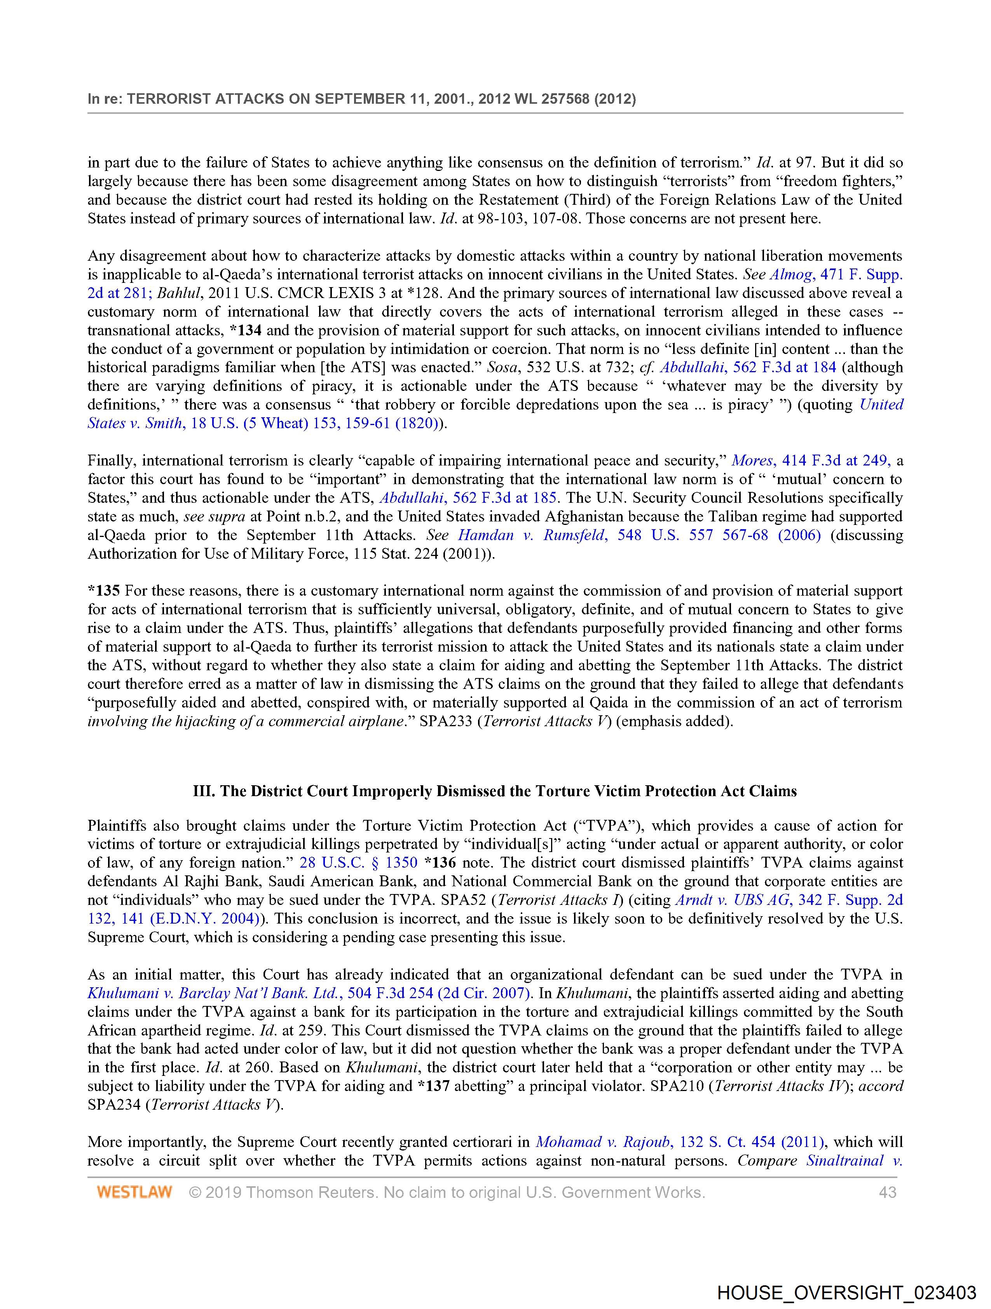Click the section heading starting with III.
pos(495,791)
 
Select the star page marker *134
pos(245,330)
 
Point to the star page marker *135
pos(104,591)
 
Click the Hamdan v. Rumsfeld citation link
pos(639,535)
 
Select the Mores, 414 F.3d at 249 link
pos(810,460)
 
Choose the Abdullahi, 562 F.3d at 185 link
pos(467,498)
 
